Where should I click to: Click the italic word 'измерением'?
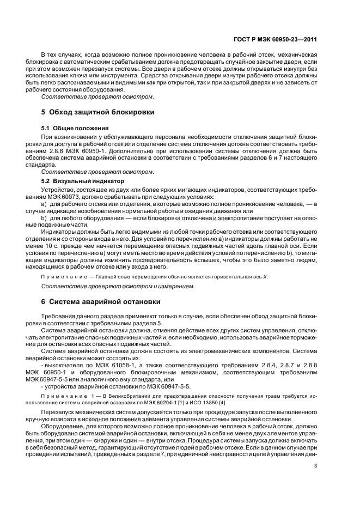[176, 286]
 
